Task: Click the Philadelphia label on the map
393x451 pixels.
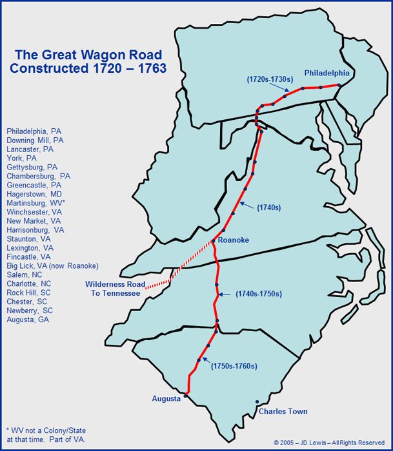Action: [327, 73]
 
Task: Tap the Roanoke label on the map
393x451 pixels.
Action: [233, 240]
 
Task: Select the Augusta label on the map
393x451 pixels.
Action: [166, 398]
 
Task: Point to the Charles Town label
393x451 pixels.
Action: [283, 411]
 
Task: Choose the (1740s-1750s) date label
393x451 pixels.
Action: [258, 294]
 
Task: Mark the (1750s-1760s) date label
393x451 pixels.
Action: [234, 366]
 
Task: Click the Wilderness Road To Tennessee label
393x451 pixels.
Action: [113, 289]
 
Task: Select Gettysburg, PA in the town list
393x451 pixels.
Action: [32, 167]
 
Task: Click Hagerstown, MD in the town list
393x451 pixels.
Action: [34, 193]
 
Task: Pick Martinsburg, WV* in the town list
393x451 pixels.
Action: [35, 202]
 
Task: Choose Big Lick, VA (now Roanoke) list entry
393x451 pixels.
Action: [52, 265]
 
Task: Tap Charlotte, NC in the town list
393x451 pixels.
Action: [30, 283]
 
